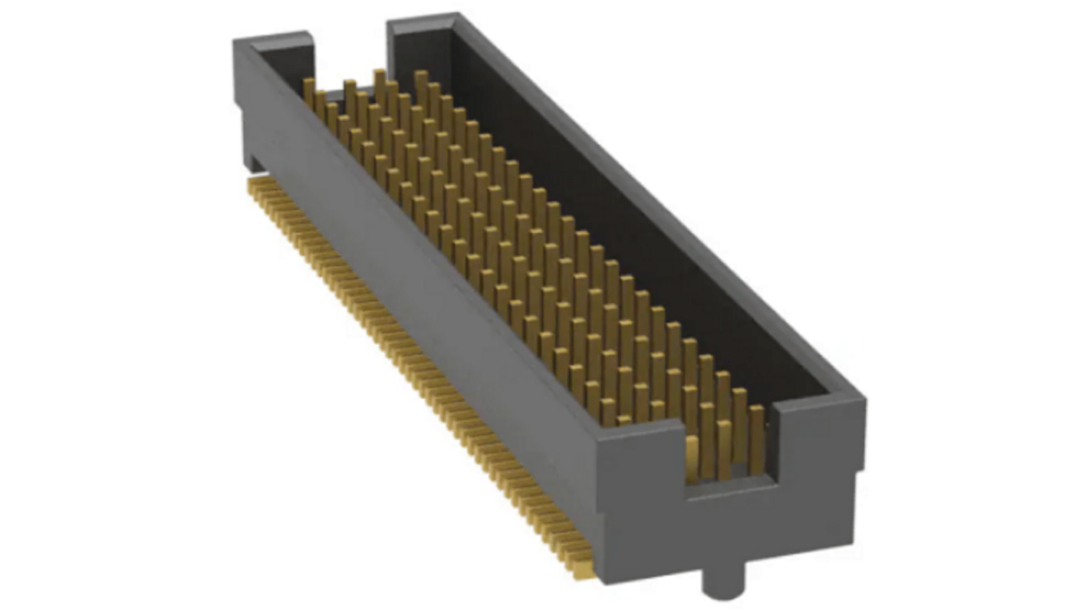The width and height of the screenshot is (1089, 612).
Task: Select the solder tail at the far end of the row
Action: [x=251, y=185]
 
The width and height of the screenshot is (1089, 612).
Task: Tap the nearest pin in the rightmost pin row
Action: [x=756, y=437]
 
